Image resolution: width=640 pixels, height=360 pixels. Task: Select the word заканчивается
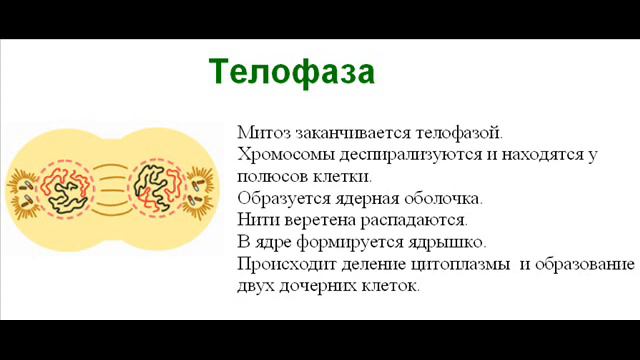tap(344, 132)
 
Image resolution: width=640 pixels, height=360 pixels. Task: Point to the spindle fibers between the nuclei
tap(111, 184)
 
